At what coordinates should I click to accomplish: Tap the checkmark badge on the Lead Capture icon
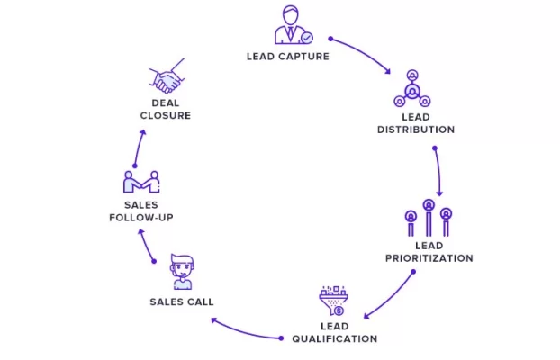coord(307,38)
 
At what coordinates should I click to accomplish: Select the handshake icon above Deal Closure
coord(167,76)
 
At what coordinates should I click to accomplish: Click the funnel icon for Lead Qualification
coord(334,301)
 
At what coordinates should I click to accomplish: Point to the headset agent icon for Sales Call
coord(183,272)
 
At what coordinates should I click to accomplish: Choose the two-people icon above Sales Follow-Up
coord(141,182)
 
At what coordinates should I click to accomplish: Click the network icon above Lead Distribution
coord(412,88)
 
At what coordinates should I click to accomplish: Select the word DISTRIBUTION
coord(416,130)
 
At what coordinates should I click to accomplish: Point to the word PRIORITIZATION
coord(429,258)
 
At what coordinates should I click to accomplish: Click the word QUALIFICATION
coord(335,338)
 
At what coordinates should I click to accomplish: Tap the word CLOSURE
coord(166,116)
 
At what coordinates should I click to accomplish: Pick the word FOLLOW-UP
coord(141,218)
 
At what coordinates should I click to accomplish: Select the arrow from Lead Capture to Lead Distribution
coord(362,52)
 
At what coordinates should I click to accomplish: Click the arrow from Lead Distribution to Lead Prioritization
coord(438,171)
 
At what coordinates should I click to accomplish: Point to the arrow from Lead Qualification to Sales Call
coord(245,333)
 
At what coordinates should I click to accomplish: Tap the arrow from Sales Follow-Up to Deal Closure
coord(139,148)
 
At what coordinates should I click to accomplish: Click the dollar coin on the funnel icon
coord(339,311)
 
